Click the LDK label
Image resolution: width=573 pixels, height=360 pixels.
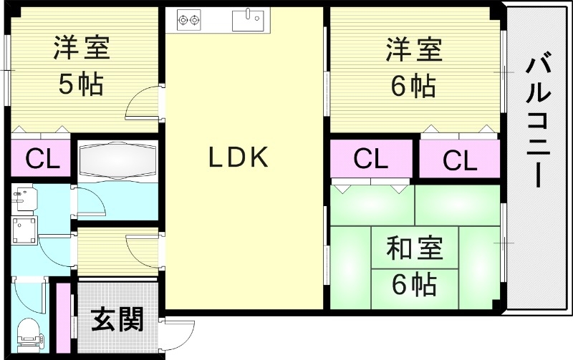click(x=239, y=157)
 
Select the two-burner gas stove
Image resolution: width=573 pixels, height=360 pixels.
click(x=188, y=19)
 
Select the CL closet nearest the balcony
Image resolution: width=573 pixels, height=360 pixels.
click(x=459, y=160)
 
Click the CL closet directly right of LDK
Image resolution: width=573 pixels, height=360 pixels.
click(x=370, y=159)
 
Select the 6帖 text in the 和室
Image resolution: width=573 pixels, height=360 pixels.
click(x=414, y=285)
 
